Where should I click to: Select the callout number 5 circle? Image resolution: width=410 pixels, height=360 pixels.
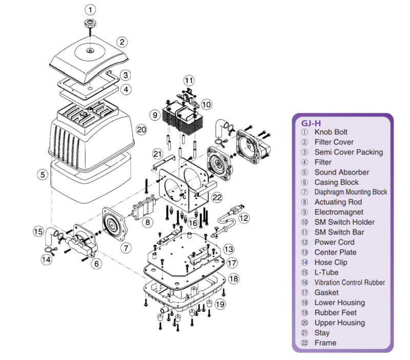(x=43, y=175)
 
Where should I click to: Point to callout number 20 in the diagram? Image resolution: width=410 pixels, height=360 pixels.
(x=142, y=130)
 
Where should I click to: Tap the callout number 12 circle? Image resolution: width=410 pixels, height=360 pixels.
(x=244, y=218)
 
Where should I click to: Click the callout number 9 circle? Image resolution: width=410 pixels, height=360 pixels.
(x=155, y=115)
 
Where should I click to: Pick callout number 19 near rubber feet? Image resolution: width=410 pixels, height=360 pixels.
(x=220, y=304)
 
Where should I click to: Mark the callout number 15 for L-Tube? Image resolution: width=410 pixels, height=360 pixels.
(x=37, y=231)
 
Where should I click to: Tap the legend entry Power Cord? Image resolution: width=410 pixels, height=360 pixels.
(x=335, y=242)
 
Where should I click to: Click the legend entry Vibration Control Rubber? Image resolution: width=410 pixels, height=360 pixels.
(x=350, y=282)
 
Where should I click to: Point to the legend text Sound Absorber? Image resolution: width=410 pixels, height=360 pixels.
(x=341, y=172)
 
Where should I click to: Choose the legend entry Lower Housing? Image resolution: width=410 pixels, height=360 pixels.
(x=339, y=303)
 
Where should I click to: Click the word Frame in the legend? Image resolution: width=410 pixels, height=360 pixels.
(x=325, y=343)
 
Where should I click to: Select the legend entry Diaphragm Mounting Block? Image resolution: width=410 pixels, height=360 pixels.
(x=351, y=192)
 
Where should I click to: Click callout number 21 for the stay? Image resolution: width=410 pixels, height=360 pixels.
(x=157, y=154)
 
